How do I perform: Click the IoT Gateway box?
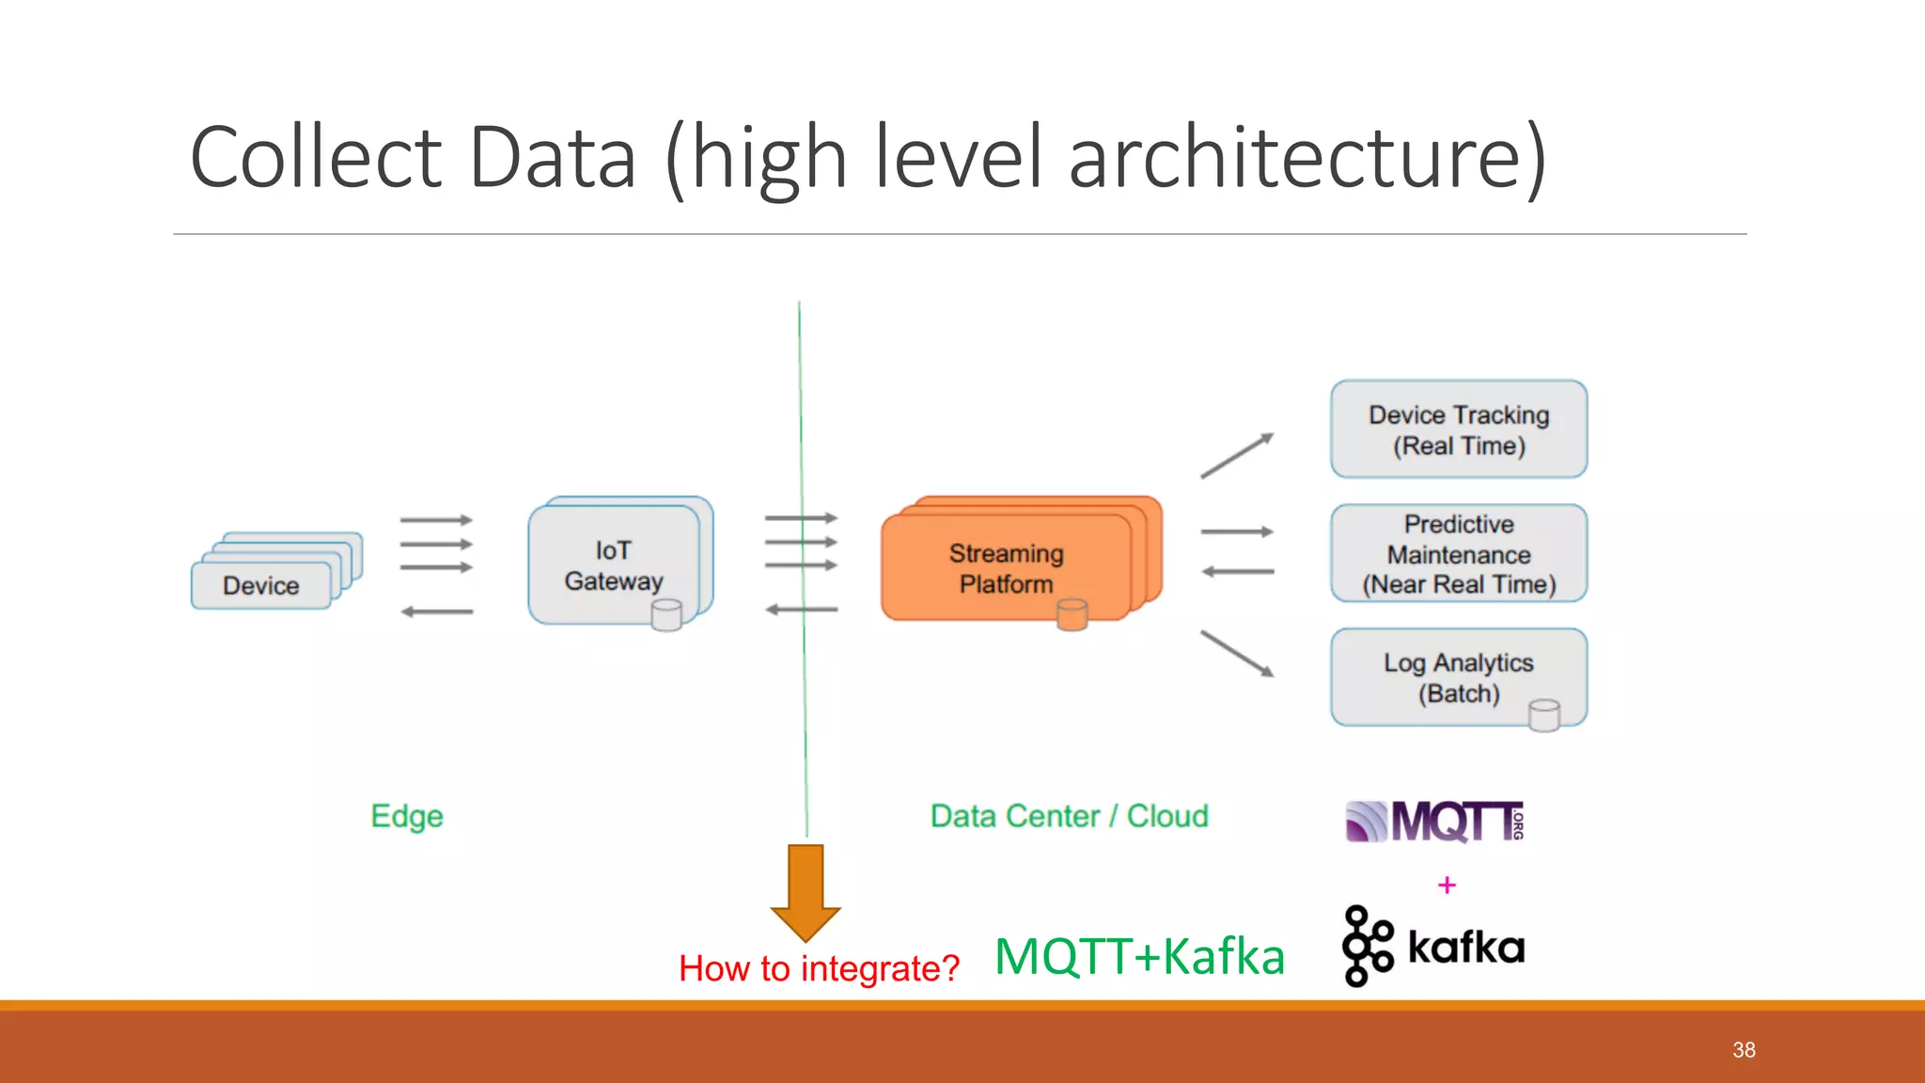coord(614,565)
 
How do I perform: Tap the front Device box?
coord(260,586)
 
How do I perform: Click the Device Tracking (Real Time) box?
coord(1458,430)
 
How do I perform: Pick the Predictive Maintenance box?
coord(1458,554)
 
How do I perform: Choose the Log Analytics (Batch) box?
coord(1458,677)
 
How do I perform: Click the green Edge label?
coord(406,816)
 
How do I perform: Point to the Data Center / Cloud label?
coord(1069,816)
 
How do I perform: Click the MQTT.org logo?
coord(1434,822)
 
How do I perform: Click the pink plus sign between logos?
coord(1447,886)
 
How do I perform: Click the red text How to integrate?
coord(819,968)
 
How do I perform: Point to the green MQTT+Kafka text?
coord(1139,957)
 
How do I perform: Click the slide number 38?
coord(1744,1050)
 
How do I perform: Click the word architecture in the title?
coord(1307,157)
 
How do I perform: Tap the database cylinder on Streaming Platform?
coord(1072,615)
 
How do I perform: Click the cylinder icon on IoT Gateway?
coord(666,616)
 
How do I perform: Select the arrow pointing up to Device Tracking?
coord(1236,456)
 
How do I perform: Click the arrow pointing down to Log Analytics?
coord(1236,653)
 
